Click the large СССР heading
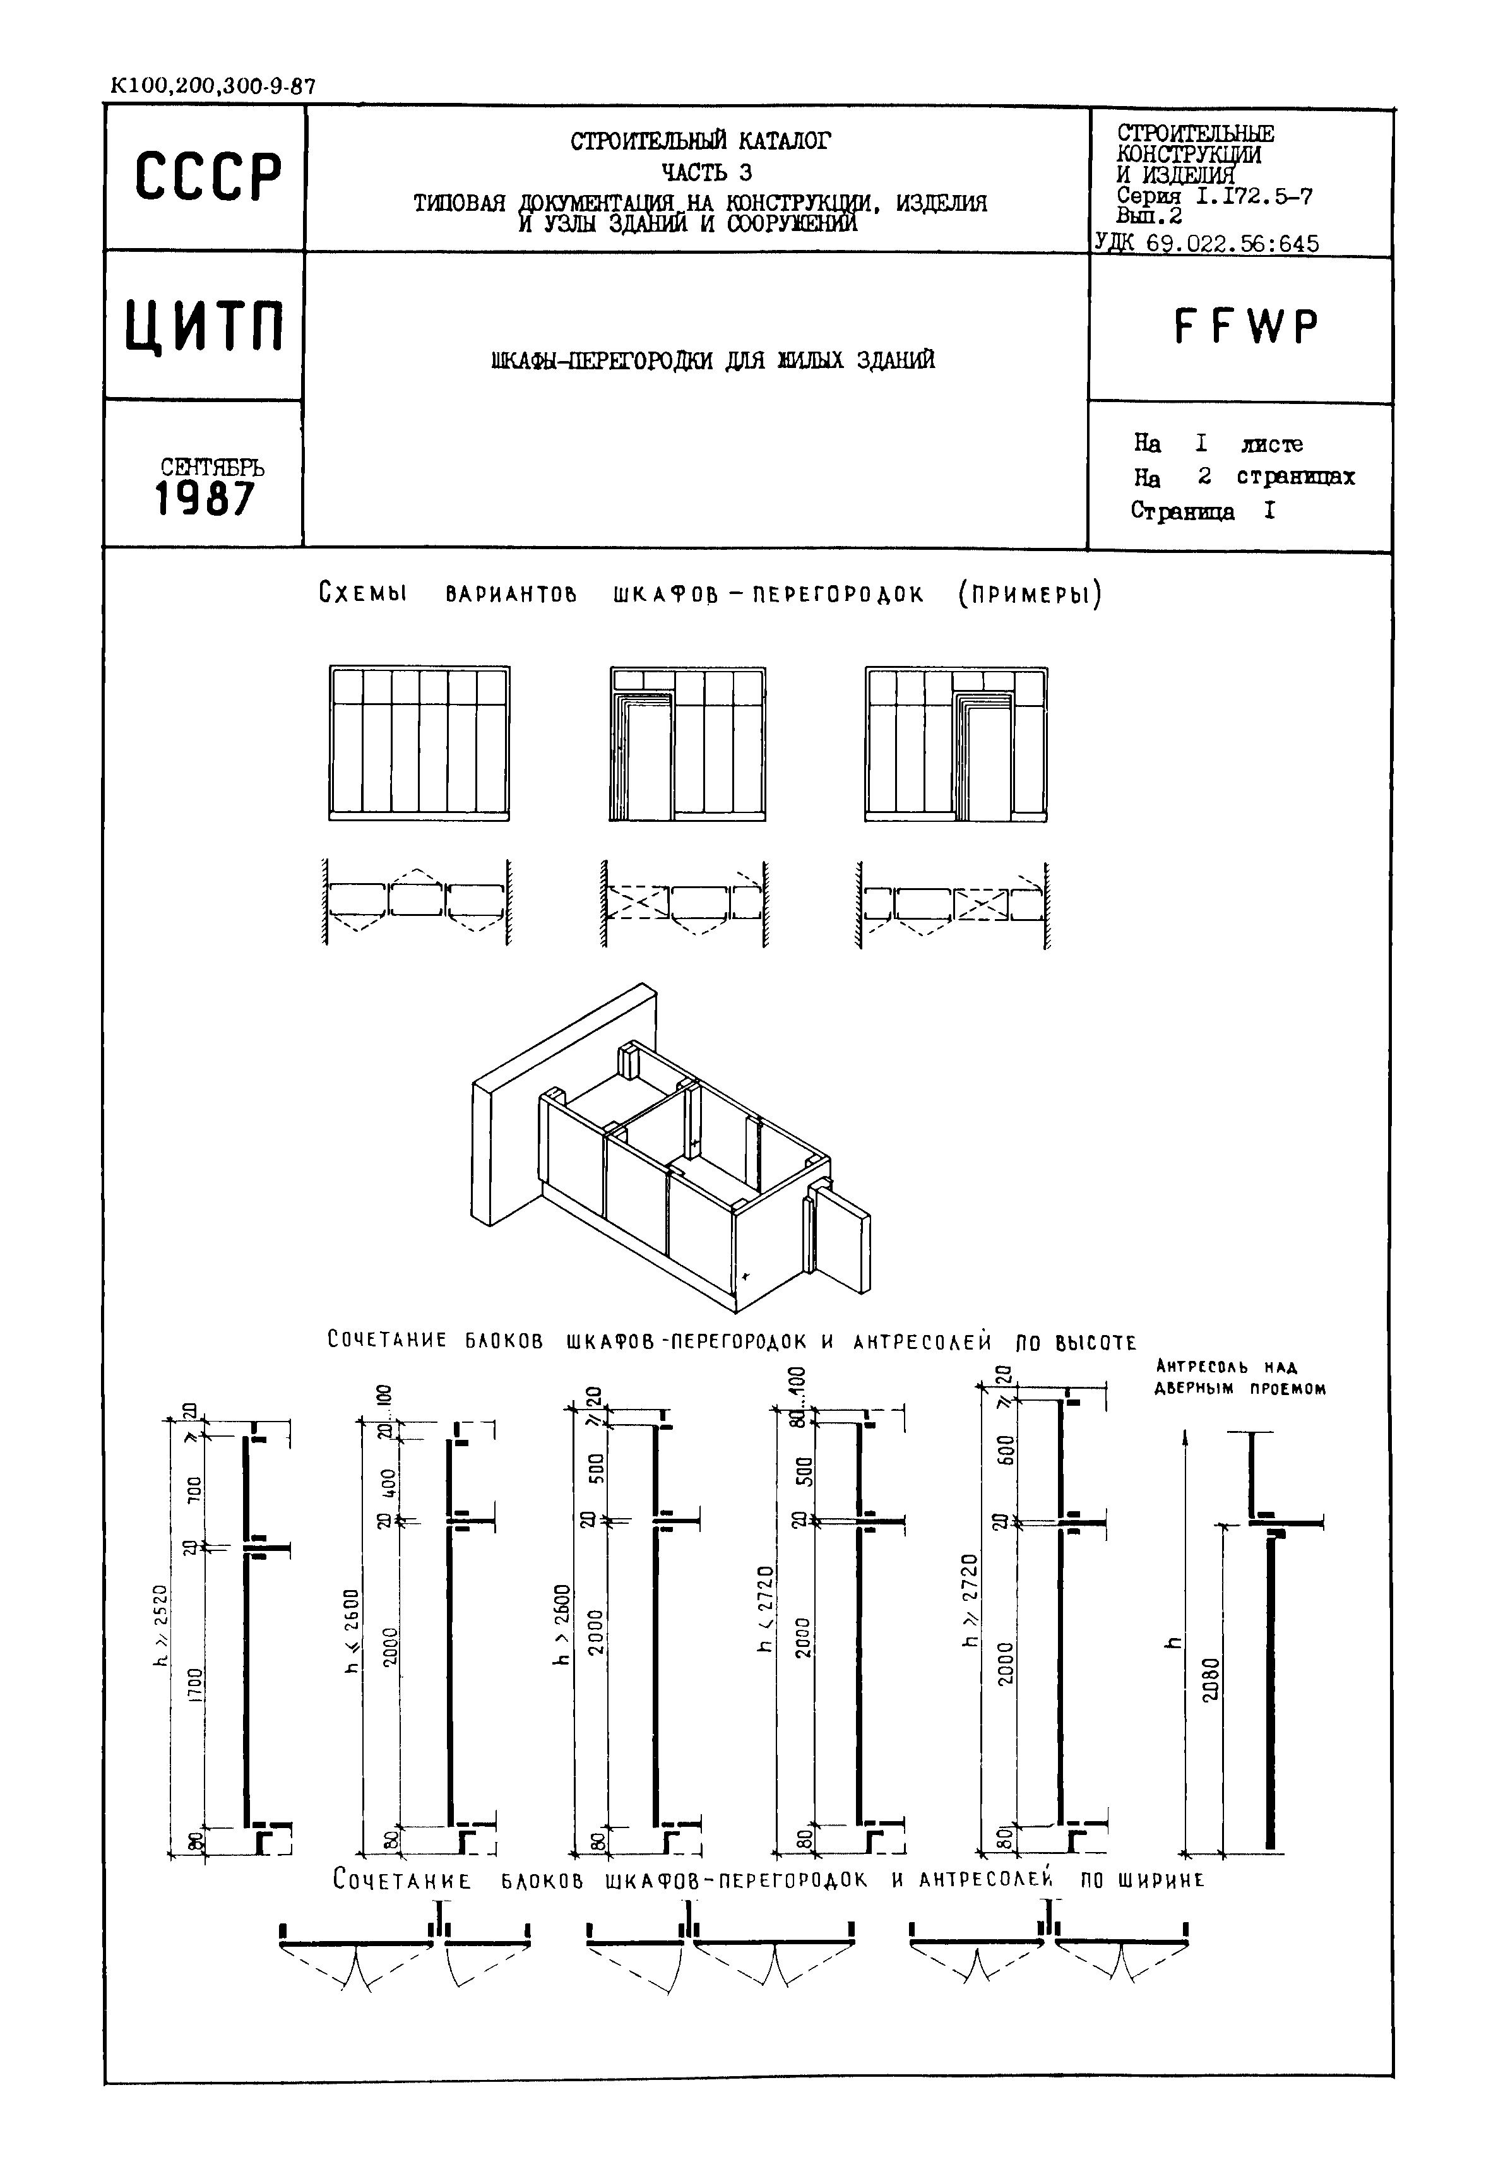point(208,177)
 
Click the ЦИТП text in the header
point(205,327)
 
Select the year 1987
point(205,499)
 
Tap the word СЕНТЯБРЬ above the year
point(212,466)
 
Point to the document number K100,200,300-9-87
point(213,87)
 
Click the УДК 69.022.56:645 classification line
point(1206,244)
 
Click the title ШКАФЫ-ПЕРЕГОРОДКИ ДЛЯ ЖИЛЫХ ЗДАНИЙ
point(713,360)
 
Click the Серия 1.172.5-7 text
point(1215,197)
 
